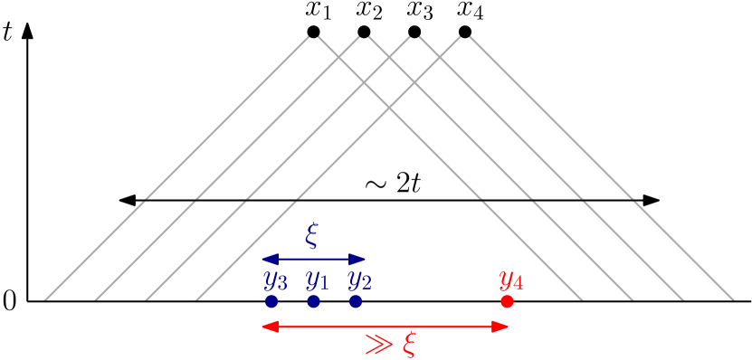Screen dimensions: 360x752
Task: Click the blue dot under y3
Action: pyautogui.click(x=271, y=301)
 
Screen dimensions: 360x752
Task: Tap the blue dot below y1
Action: pyautogui.click(x=313, y=301)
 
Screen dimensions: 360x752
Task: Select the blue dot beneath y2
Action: pyautogui.click(x=356, y=301)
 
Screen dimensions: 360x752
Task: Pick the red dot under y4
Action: pyautogui.click(x=507, y=301)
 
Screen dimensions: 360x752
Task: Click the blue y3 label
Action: pyautogui.click(x=275, y=280)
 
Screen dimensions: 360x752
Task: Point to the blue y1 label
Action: pyautogui.click(x=317, y=280)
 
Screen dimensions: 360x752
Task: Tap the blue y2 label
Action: pyautogui.click(x=359, y=280)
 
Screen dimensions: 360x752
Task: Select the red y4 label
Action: pyautogui.click(x=510, y=280)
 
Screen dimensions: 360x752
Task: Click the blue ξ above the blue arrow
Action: pyautogui.click(x=312, y=236)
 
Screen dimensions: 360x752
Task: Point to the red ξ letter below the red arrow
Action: pyautogui.click(x=409, y=345)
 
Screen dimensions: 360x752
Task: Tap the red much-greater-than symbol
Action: pyautogui.click(x=378, y=344)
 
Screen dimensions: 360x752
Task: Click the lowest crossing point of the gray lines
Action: pyautogui.click(x=389, y=109)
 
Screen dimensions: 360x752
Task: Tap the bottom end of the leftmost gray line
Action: pyautogui.click(x=45, y=298)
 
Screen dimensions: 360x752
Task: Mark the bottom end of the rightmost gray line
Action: pyautogui.click(x=732, y=298)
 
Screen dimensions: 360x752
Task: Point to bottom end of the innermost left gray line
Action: pyautogui.click(x=196, y=298)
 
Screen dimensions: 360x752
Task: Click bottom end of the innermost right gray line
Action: pyautogui.click(x=581, y=298)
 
